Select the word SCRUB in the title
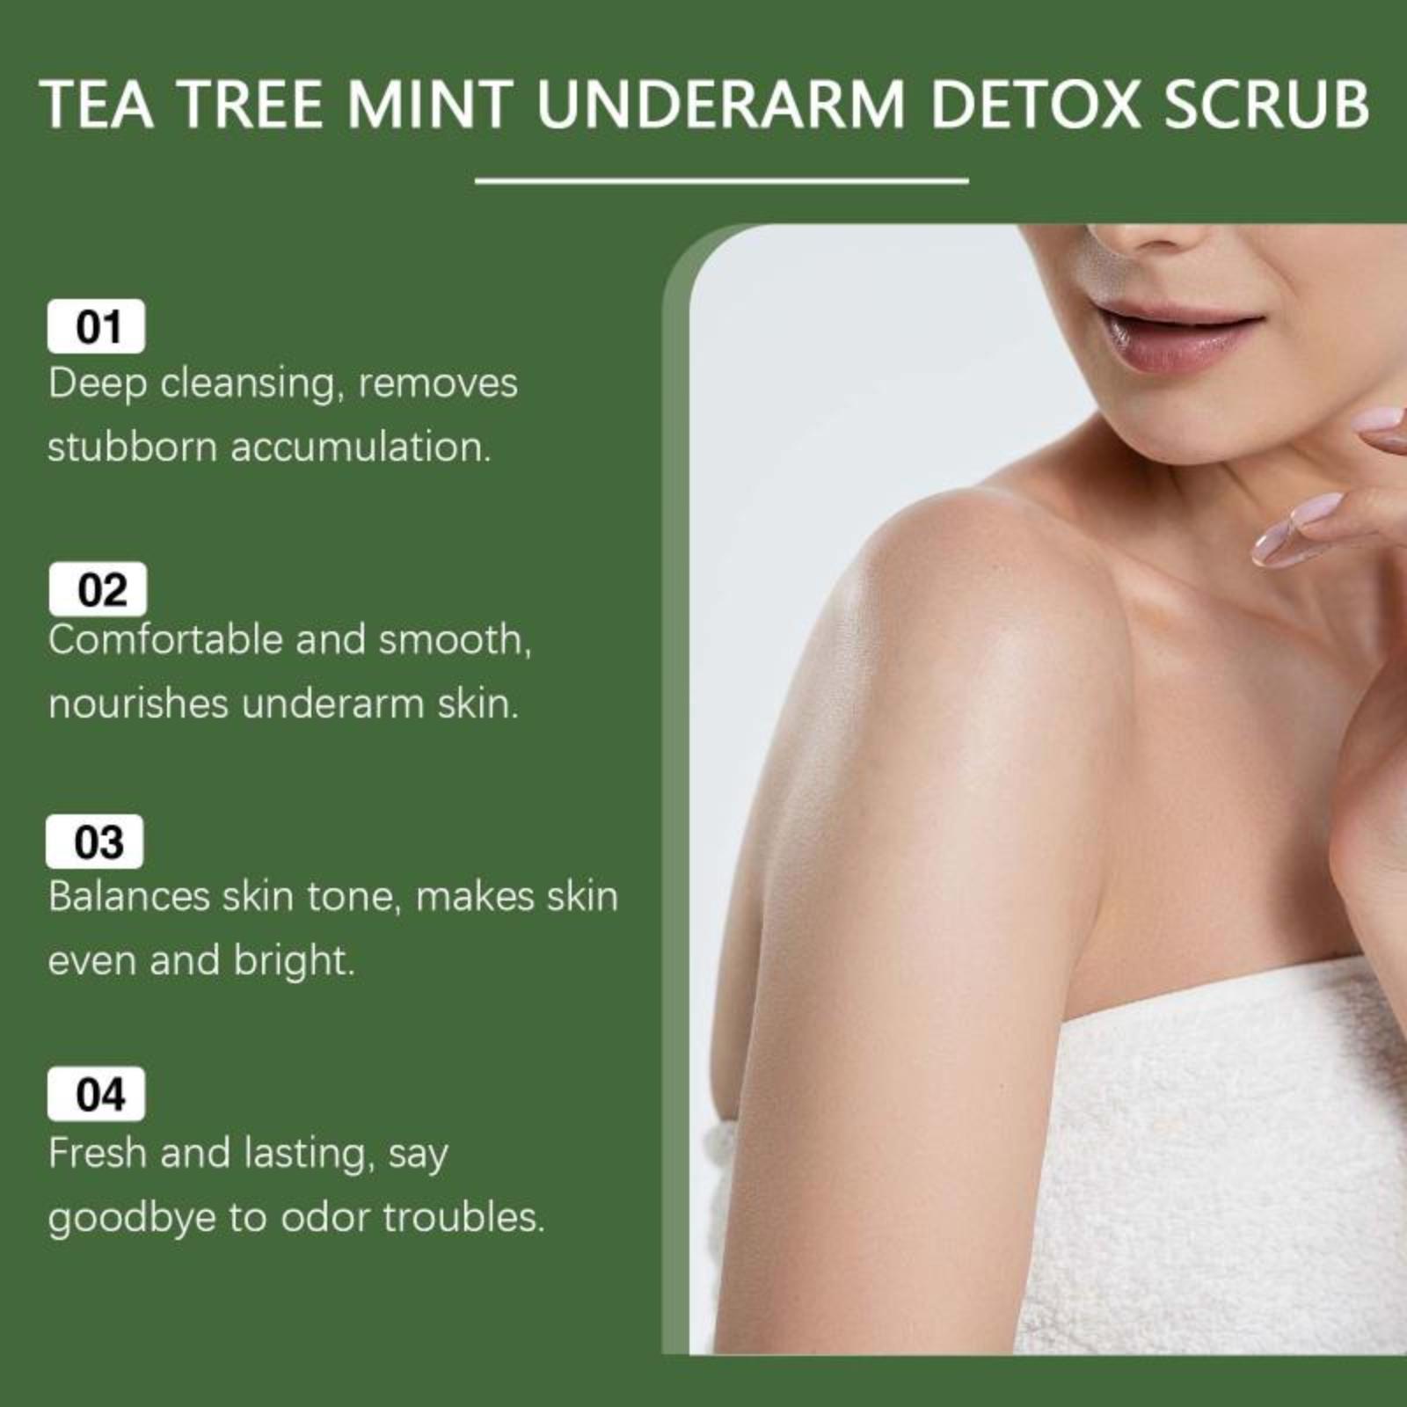click(x=1266, y=104)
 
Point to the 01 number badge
click(x=96, y=326)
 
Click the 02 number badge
click(x=98, y=589)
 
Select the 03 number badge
click(x=95, y=842)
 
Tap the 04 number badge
click(x=97, y=1095)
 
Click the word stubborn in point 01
click(x=132, y=446)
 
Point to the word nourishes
click(x=138, y=703)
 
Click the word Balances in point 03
click(x=129, y=896)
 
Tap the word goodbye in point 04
click(x=132, y=1219)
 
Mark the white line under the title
click(x=721, y=181)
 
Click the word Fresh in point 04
click(x=98, y=1153)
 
